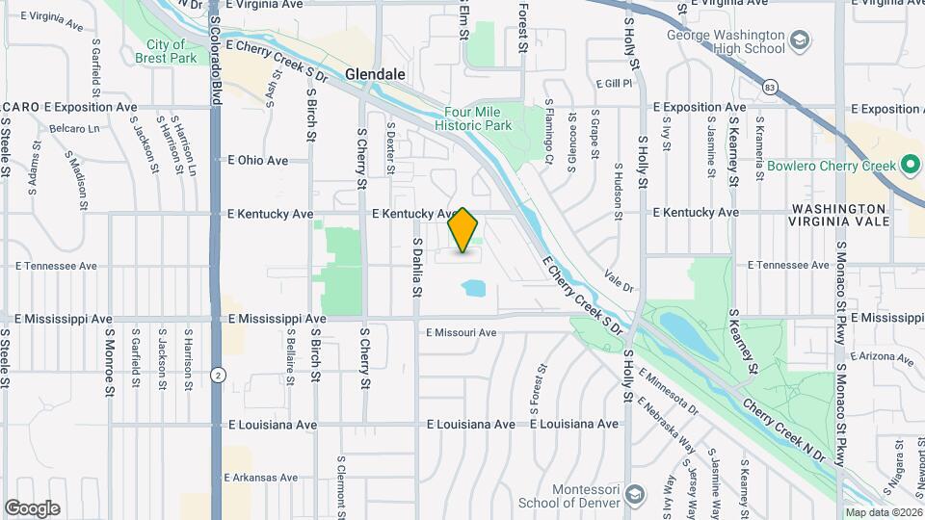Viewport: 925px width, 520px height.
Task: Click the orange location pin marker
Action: pyautogui.click(x=463, y=230)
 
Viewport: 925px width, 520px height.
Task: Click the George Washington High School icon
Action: pyautogui.click(x=799, y=40)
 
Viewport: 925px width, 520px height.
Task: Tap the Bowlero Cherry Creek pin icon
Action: pyautogui.click(x=911, y=166)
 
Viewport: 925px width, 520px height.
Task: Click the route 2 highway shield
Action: pyautogui.click(x=221, y=375)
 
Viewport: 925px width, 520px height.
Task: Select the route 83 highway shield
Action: pyautogui.click(x=768, y=88)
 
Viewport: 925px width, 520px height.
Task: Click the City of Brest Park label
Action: pyautogui.click(x=166, y=51)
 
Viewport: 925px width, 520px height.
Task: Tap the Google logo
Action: pyautogui.click(x=32, y=508)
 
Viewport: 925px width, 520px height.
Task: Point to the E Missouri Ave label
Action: pyautogui.click(x=461, y=333)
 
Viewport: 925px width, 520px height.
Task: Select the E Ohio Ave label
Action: pyautogui.click(x=257, y=161)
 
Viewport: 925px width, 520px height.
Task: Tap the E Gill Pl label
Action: pyautogui.click(x=613, y=84)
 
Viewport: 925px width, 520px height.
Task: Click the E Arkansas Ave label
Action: pyautogui.click(x=261, y=478)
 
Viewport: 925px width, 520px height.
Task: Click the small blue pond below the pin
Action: pyautogui.click(x=473, y=287)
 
